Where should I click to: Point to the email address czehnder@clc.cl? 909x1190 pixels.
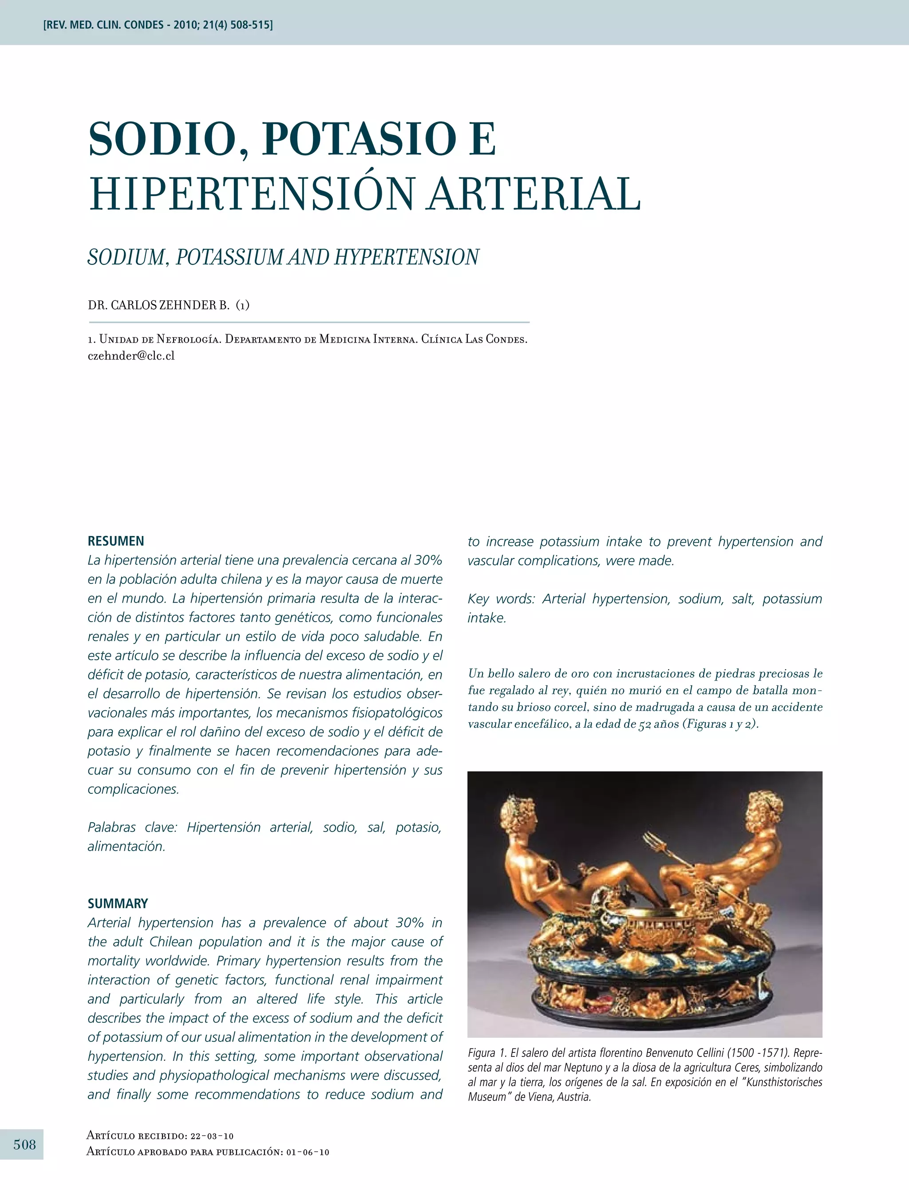coord(131,356)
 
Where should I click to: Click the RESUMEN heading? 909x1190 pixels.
coord(116,541)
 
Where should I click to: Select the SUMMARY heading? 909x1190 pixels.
coord(118,903)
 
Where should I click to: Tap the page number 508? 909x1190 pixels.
coord(24,1144)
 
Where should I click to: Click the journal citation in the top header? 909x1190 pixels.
coord(158,25)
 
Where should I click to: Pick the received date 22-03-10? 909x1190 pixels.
coord(212,1136)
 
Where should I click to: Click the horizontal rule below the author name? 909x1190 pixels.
coord(308,323)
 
